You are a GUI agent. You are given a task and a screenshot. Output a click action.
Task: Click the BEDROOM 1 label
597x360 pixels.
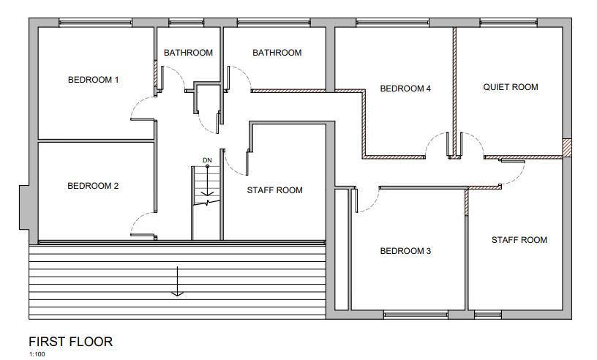click(94, 80)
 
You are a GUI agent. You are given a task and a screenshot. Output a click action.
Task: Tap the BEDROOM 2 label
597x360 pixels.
click(93, 186)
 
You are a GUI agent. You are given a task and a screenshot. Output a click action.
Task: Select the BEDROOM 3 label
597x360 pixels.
click(405, 251)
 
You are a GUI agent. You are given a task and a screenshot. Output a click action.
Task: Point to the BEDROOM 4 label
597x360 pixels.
click(405, 89)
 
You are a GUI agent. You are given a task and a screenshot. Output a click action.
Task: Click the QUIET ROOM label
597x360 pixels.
click(511, 87)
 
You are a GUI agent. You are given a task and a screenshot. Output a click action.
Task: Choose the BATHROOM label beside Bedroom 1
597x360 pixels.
click(189, 53)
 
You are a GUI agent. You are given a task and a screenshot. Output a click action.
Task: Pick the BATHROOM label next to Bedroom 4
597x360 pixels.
click(277, 53)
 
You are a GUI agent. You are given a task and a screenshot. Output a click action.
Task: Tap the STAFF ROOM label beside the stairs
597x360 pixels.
click(274, 190)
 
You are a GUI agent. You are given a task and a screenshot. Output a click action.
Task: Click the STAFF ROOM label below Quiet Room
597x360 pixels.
click(519, 240)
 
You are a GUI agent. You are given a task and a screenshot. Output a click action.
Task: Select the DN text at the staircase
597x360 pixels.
click(207, 160)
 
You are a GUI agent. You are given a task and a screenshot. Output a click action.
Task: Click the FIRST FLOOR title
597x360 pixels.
click(71, 342)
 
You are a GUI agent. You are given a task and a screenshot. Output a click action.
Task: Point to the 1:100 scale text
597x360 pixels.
click(37, 354)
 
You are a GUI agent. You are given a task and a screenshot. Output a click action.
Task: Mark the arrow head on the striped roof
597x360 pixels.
click(178, 293)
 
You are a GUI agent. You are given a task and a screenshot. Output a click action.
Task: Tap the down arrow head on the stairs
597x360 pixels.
click(207, 193)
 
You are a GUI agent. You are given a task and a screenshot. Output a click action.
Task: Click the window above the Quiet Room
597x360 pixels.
click(508, 23)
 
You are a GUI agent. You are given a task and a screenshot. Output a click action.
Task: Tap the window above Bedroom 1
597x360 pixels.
click(96, 23)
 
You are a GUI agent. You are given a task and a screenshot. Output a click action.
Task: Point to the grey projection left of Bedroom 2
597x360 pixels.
click(24, 208)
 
